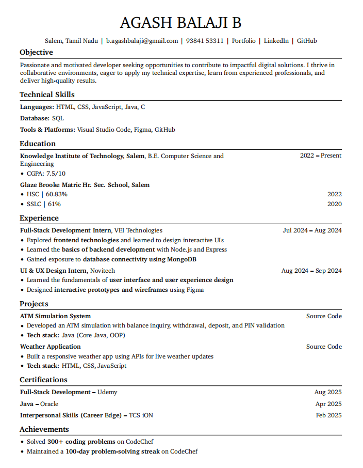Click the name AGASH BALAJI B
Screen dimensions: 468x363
click(x=180, y=23)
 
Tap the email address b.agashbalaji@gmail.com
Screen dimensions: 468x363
click(x=142, y=41)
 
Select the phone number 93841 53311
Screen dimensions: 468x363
click(x=205, y=41)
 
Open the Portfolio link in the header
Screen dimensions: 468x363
click(x=243, y=41)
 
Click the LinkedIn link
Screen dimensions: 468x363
click(x=276, y=41)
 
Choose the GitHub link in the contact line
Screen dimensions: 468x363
click(x=307, y=41)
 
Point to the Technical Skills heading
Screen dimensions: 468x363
click(x=47, y=95)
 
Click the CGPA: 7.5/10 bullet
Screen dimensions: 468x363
click(x=46, y=174)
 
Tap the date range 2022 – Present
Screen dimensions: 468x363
click(x=320, y=155)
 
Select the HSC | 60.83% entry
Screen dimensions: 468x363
click(x=47, y=194)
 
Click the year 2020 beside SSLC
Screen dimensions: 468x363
click(x=334, y=204)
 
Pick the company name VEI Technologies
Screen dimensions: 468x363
click(x=138, y=230)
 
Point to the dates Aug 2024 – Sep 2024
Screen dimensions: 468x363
click(x=311, y=271)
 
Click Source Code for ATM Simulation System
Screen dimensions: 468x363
click(x=324, y=316)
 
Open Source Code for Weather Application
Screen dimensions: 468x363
click(x=324, y=347)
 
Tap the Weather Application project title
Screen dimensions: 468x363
click(x=50, y=347)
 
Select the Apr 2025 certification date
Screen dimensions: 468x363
click(x=328, y=404)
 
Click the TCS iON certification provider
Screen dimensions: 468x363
click(x=141, y=415)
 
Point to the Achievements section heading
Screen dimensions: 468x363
click(x=44, y=429)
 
